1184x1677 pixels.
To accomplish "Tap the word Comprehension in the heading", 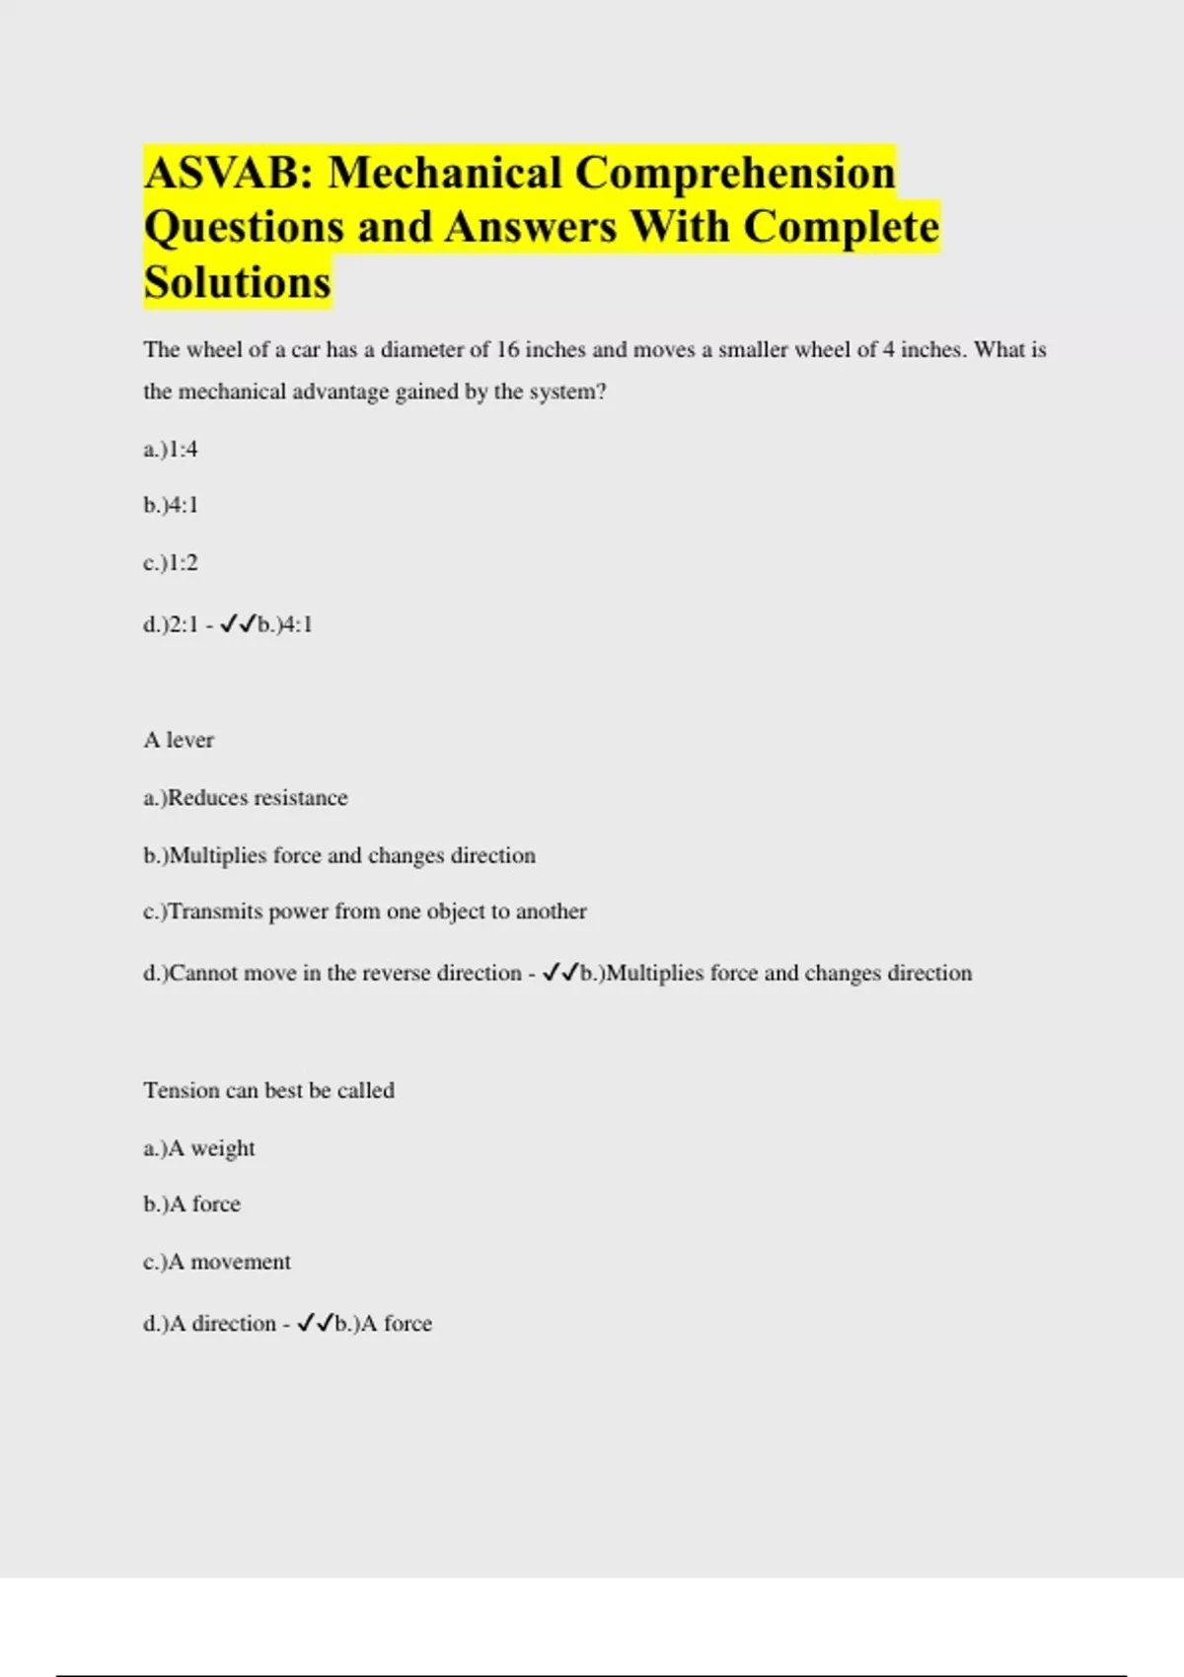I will (x=735, y=173).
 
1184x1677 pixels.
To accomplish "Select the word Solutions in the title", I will (x=237, y=282).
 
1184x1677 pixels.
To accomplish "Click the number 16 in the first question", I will (x=507, y=349).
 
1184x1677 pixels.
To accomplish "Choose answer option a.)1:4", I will (x=171, y=450).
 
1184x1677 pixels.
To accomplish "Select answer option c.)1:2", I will (x=171, y=563).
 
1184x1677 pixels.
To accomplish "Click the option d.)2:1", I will (x=171, y=624).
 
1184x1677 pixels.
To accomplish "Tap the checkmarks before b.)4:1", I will (x=238, y=624).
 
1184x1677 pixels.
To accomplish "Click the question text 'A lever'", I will (x=179, y=740).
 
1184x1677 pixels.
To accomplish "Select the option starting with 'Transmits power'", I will (x=365, y=911).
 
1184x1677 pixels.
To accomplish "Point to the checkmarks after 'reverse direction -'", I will (x=560, y=974).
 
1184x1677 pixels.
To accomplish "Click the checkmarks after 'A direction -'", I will (x=315, y=1324).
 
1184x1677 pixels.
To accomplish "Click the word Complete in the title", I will (x=840, y=227).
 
